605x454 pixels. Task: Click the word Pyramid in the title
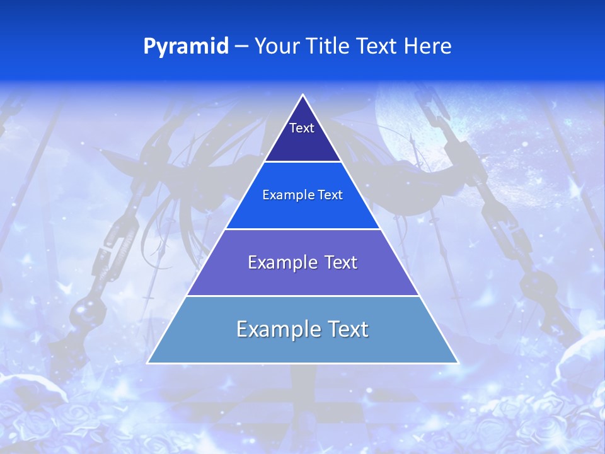coord(186,47)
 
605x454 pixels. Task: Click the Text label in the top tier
coord(302,128)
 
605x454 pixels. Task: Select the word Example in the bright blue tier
coord(284,195)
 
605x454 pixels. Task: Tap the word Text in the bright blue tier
coord(330,195)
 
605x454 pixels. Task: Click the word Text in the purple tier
coord(341,262)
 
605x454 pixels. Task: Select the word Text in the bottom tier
coord(347,329)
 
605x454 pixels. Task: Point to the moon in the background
coord(410,126)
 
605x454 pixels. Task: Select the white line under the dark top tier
coord(302,162)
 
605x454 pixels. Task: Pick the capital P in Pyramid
coord(149,47)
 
